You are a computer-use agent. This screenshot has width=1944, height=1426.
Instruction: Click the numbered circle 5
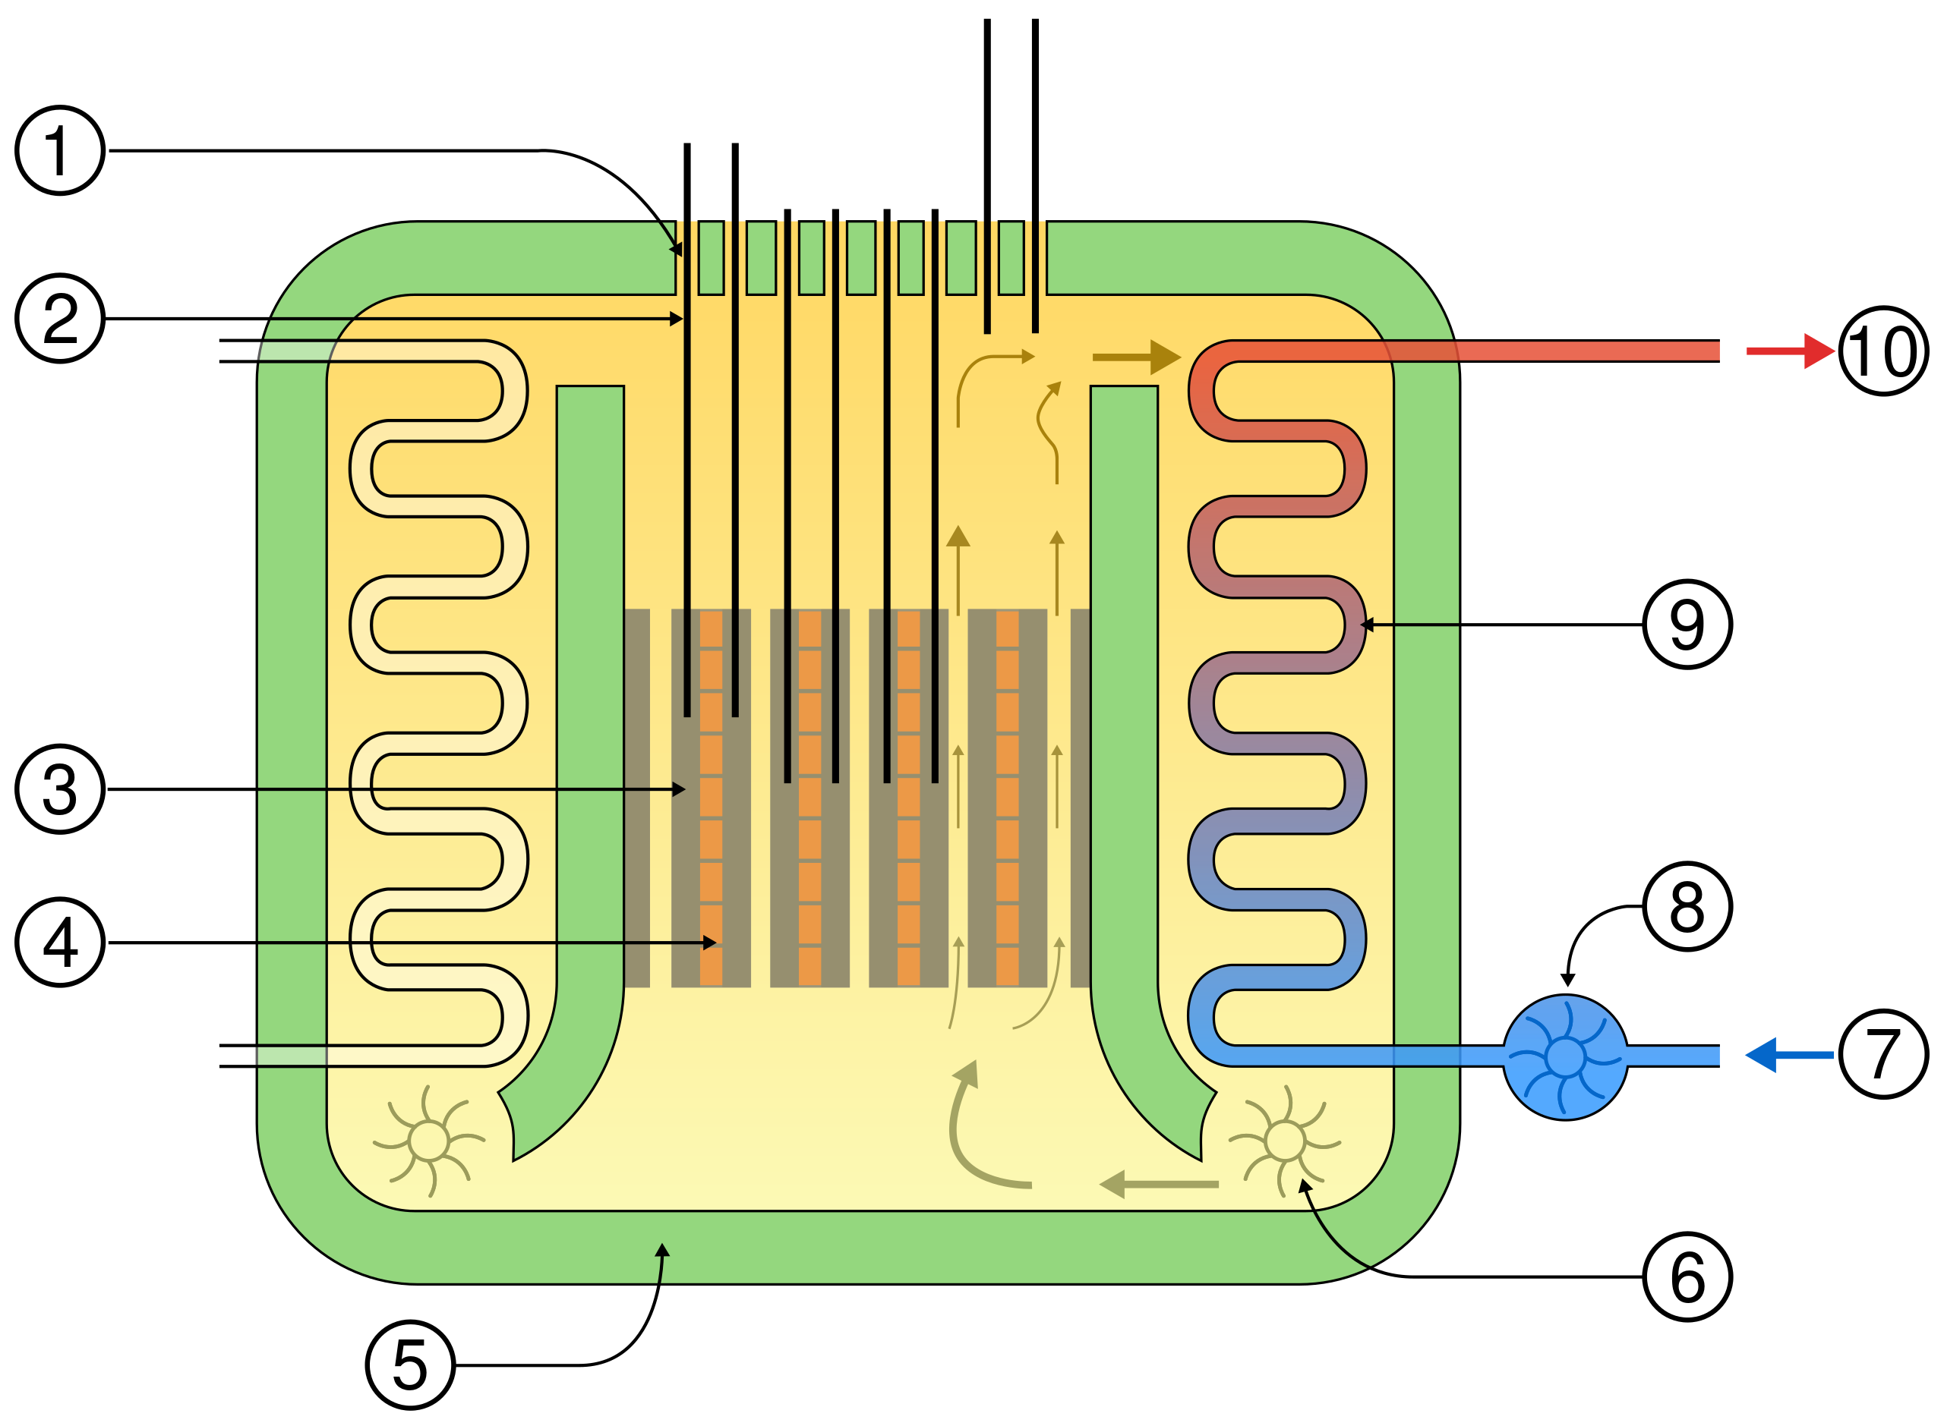coord(410,1365)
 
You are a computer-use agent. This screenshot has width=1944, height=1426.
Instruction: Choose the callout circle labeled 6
coord(1687,1276)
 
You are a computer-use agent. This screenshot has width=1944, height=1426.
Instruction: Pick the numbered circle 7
coord(1882,1054)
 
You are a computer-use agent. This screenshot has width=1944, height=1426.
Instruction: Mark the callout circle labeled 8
coord(1687,906)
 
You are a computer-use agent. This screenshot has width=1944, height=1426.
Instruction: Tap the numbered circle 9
coord(1687,624)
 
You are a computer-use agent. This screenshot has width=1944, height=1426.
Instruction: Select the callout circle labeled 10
coord(1882,351)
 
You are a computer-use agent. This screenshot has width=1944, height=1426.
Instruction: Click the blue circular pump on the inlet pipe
coord(1565,1056)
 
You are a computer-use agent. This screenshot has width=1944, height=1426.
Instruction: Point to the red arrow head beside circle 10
coord(1819,351)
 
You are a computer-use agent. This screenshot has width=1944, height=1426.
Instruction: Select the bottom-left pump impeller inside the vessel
coord(428,1141)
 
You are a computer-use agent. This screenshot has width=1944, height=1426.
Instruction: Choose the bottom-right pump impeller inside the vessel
coord(1284,1141)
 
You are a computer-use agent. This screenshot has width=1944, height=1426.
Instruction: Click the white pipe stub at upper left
coord(238,351)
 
